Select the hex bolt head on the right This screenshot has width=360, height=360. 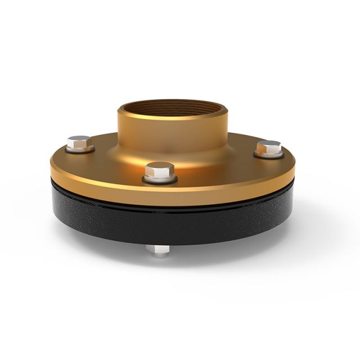coord(269,147)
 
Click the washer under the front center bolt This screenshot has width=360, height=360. coord(160,180)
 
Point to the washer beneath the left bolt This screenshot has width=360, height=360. coord(80,151)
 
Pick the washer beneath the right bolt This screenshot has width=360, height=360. coord(269,155)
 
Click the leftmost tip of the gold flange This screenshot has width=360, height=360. coord(50,166)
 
